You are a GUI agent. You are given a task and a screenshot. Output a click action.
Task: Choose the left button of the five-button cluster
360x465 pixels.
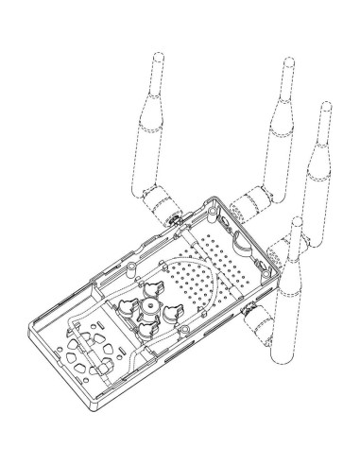[x=129, y=304]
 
